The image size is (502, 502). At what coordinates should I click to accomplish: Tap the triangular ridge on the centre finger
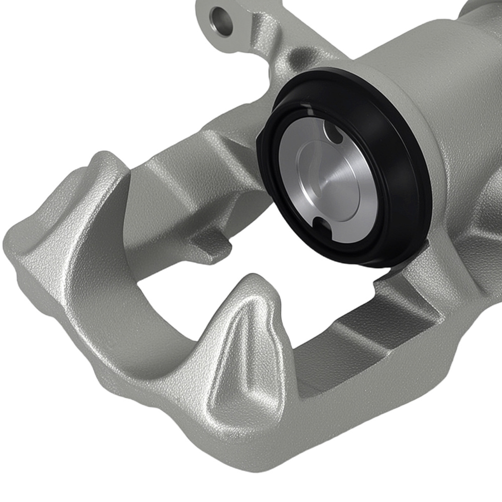coord(246,351)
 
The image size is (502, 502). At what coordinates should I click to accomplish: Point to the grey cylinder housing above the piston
coord(412,60)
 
